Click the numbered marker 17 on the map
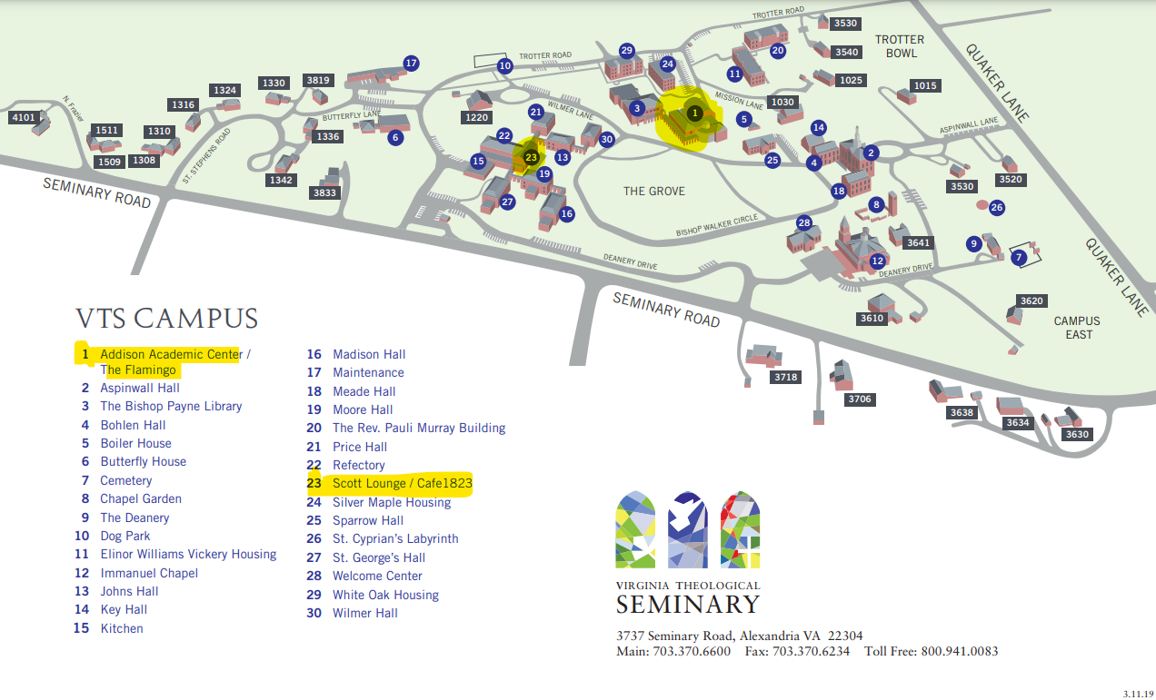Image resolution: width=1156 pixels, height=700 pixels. click(x=411, y=64)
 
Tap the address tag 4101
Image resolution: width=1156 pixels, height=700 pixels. click(x=23, y=117)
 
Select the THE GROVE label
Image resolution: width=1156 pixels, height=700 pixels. click(x=653, y=191)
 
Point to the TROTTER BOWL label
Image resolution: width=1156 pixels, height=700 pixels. click(x=899, y=46)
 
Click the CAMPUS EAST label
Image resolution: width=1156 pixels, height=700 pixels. click(x=1077, y=328)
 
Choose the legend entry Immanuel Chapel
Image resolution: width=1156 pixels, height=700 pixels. click(x=149, y=573)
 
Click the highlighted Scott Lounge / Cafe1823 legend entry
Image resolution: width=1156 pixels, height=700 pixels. click(x=402, y=483)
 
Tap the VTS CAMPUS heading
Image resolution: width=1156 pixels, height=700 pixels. click(x=167, y=319)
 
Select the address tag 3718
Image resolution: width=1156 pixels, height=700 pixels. click(x=785, y=377)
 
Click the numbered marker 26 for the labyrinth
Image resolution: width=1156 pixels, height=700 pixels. click(x=997, y=207)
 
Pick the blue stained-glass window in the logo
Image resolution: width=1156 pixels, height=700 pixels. click(x=687, y=529)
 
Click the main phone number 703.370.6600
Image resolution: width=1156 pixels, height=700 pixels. click(x=692, y=652)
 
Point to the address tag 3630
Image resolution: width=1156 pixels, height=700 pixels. click(x=1077, y=435)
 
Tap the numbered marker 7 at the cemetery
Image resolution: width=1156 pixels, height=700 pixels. click(x=1019, y=257)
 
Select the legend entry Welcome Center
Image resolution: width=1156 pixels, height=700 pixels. click(x=377, y=576)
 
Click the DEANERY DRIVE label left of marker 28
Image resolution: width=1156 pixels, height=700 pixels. click(x=631, y=261)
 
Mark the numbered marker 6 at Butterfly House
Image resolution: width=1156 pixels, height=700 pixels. click(x=394, y=138)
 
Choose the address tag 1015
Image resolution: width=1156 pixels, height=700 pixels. click(x=925, y=86)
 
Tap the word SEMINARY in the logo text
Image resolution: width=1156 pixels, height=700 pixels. click(x=687, y=604)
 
